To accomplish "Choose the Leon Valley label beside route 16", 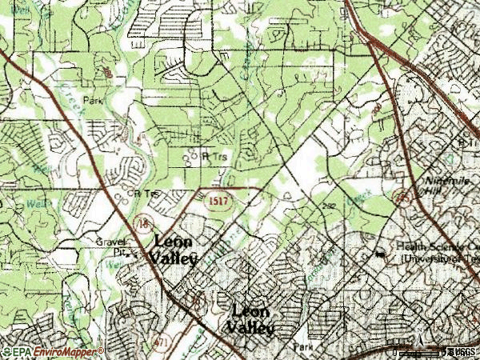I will click(x=174, y=249).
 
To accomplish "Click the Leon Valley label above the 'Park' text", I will click(x=251, y=319).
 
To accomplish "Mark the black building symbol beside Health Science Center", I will click(x=381, y=254).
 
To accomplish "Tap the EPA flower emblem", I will click(x=6, y=351).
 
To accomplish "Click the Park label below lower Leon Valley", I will click(x=302, y=347).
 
